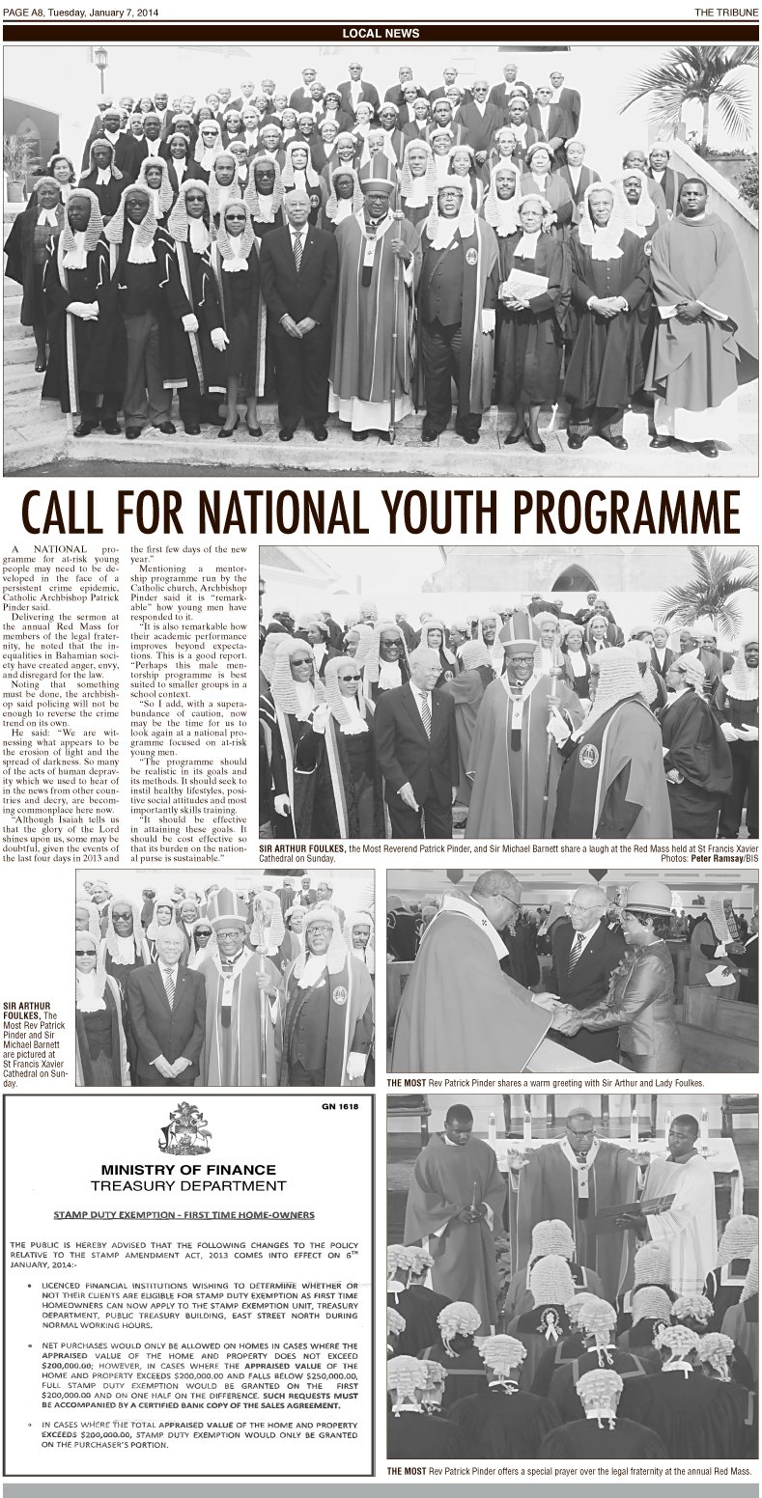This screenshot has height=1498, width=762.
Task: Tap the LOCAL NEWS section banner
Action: tap(381, 33)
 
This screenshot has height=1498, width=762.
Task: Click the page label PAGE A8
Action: tap(26, 11)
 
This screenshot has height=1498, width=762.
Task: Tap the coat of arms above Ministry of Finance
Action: tap(184, 1126)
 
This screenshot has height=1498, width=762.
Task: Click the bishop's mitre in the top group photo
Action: tap(376, 172)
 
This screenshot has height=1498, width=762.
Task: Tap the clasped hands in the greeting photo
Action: tap(565, 1009)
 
